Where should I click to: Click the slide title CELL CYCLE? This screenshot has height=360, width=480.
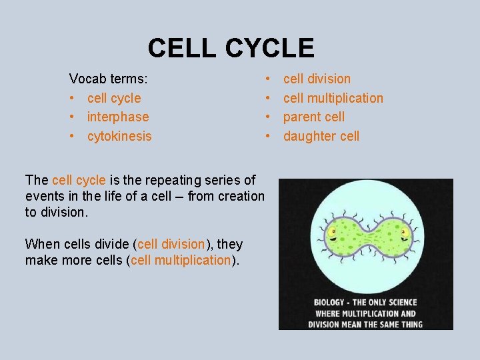(x=231, y=48)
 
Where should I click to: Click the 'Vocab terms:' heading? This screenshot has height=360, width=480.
(x=109, y=79)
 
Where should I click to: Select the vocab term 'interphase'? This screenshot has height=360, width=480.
(x=118, y=117)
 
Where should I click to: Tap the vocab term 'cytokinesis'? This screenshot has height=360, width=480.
(x=119, y=136)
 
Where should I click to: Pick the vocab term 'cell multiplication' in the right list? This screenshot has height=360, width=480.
(x=333, y=98)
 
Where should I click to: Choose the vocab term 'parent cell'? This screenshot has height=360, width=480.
(x=314, y=117)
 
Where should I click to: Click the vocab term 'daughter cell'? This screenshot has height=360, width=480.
(x=321, y=136)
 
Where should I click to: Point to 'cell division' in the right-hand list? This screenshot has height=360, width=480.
(x=317, y=79)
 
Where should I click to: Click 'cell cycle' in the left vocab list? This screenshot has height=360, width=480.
(x=114, y=98)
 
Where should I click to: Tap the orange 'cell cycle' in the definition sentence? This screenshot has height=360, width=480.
(x=79, y=180)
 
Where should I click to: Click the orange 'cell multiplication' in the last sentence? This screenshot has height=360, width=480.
(x=181, y=260)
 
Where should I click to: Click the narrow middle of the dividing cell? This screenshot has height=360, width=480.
(x=366, y=237)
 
